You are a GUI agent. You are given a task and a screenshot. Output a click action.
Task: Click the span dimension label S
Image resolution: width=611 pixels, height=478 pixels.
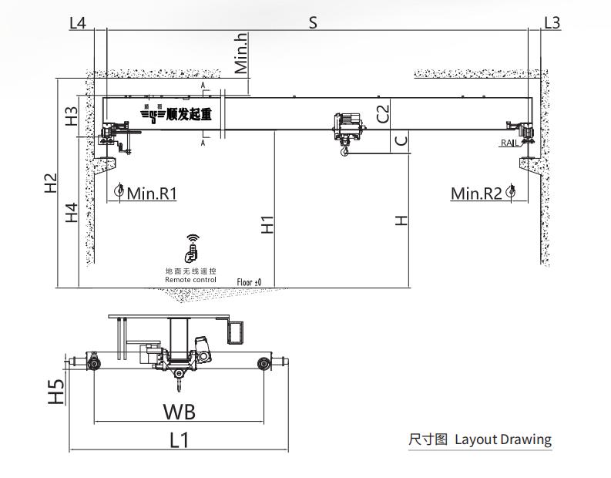[x=313, y=22]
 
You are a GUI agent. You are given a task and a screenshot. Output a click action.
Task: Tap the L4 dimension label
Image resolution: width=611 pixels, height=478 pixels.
[x=78, y=22]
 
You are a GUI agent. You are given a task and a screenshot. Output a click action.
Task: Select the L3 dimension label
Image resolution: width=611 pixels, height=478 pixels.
[x=552, y=22]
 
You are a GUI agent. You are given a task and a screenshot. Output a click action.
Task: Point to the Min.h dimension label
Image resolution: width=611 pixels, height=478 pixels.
[x=242, y=52]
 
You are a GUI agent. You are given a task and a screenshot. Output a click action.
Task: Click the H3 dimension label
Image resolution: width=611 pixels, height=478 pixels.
[x=71, y=116]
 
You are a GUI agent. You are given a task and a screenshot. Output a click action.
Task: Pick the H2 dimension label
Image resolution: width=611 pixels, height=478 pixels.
[x=51, y=183]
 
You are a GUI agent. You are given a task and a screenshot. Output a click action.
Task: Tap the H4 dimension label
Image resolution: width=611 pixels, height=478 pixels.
[x=71, y=212]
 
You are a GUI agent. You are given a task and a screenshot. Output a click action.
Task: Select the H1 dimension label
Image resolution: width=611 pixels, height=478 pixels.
[x=267, y=224]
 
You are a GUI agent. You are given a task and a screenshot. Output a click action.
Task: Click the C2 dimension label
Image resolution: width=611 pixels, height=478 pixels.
[x=383, y=113]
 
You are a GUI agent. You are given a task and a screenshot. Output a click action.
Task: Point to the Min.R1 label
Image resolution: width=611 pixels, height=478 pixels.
[x=152, y=193]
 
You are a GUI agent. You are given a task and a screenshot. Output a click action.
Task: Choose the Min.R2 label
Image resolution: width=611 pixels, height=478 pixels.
[x=476, y=193]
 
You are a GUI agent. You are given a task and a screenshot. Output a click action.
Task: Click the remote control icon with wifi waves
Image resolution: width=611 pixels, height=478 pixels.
[x=190, y=247]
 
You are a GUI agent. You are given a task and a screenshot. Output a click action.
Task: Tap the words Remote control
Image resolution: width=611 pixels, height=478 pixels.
[x=190, y=279]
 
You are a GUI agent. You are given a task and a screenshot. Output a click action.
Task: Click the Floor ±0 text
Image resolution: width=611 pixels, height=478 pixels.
[x=249, y=283]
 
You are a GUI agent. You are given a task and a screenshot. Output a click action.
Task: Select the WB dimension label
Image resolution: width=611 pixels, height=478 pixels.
[x=179, y=411]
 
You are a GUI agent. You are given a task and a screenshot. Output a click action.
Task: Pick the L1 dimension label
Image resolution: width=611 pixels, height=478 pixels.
[x=179, y=439]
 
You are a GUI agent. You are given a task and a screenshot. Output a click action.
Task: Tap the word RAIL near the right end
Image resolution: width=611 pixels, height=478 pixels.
[x=509, y=143]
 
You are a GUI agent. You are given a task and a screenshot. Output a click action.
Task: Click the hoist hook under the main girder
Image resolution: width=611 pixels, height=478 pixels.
[x=344, y=152]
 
